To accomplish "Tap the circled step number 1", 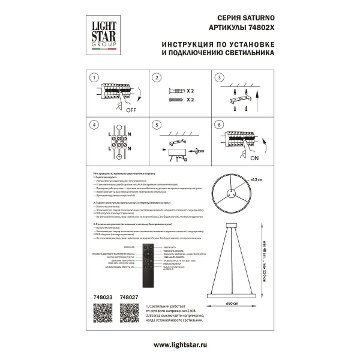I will click(93, 78).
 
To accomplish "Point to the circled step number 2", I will click(155, 78).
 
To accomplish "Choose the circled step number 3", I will click(219, 78).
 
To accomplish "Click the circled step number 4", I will click(93, 125).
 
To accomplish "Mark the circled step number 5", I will click(155, 125).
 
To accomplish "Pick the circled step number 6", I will click(219, 125).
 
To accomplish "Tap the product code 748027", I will click(130, 296).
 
